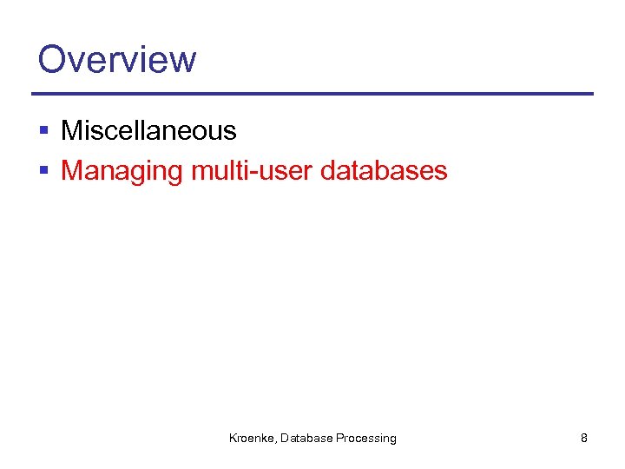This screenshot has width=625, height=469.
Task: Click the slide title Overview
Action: (117, 59)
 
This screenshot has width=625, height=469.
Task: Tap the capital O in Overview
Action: (53, 59)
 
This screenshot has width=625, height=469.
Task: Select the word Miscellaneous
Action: (148, 131)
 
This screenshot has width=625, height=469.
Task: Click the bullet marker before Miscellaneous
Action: (44, 131)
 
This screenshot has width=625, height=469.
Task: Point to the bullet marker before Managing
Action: (44, 171)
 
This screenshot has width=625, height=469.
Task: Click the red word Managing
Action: (122, 171)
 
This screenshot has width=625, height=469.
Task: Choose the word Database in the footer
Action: (306, 439)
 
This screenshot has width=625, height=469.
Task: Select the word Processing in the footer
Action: (366, 439)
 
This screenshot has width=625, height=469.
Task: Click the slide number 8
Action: (583, 439)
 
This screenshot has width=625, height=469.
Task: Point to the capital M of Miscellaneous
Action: (71, 131)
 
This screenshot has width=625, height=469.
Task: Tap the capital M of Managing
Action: (71, 170)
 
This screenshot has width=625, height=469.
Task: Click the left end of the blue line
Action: (34, 94)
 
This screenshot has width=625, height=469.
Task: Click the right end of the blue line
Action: (591, 94)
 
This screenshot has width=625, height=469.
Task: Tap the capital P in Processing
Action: (340, 439)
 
